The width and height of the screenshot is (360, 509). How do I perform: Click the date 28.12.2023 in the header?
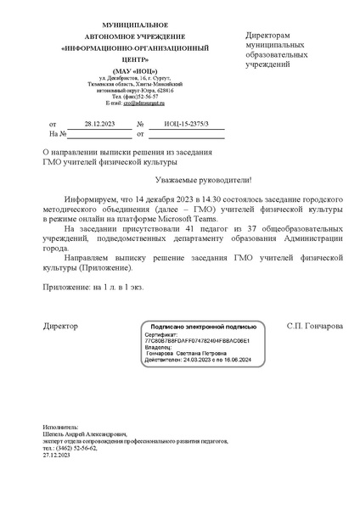coord(99,123)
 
